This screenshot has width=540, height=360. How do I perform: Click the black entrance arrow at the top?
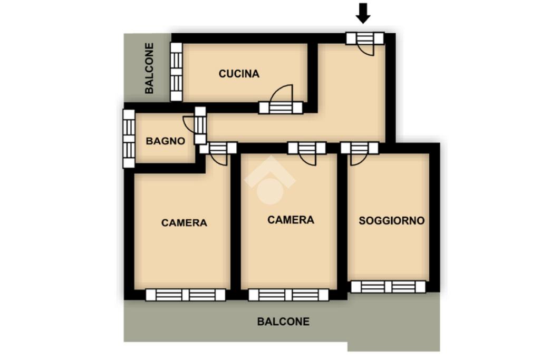tap(363, 14)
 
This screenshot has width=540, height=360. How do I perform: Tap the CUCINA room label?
tap(239, 74)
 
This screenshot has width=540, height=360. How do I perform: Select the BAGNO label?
tap(165, 141)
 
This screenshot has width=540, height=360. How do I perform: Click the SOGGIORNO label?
tap(392, 221)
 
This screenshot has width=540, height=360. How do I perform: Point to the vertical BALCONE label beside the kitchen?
tap(149, 68)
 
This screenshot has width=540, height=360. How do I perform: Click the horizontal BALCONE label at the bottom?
tap(283, 322)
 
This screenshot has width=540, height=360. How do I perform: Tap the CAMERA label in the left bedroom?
tap(184, 222)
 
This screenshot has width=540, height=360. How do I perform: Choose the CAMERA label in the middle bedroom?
tap(291, 220)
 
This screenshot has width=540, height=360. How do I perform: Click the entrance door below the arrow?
tap(365, 43)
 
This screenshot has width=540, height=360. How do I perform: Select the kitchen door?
tap(281, 100)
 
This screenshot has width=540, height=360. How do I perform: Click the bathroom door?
tap(196, 125)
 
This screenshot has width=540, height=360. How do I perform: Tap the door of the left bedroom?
tap(218, 153)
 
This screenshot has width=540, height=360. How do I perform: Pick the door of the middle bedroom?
tap(307, 153)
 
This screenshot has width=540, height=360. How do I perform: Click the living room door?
tap(360, 153)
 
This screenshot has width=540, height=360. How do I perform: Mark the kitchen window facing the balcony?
tap(176, 72)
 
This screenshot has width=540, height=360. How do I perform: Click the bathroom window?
tap(129, 139)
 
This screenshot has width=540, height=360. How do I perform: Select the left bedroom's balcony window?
tap(186, 295)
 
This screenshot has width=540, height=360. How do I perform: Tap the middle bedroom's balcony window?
tap(288, 295)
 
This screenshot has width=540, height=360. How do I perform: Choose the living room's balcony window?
tap(388, 287)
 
